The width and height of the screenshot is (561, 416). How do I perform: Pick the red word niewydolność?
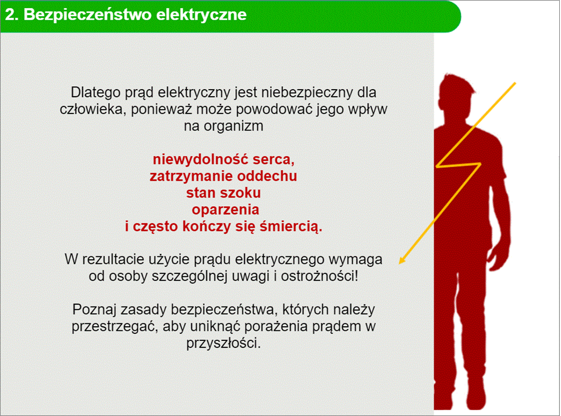(x=201, y=160)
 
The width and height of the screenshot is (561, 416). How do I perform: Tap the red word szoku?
(x=243, y=193)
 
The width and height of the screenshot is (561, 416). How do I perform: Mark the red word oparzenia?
(x=225, y=210)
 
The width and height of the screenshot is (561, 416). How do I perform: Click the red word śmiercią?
(x=291, y=227)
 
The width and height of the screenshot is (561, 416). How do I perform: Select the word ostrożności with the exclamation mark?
(x=319, y=277)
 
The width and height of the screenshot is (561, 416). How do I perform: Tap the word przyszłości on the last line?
(x=223, y=344)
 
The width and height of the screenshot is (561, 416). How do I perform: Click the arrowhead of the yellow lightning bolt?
(x=402, y=260)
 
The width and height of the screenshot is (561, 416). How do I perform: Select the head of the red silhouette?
(x=457, y=93)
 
